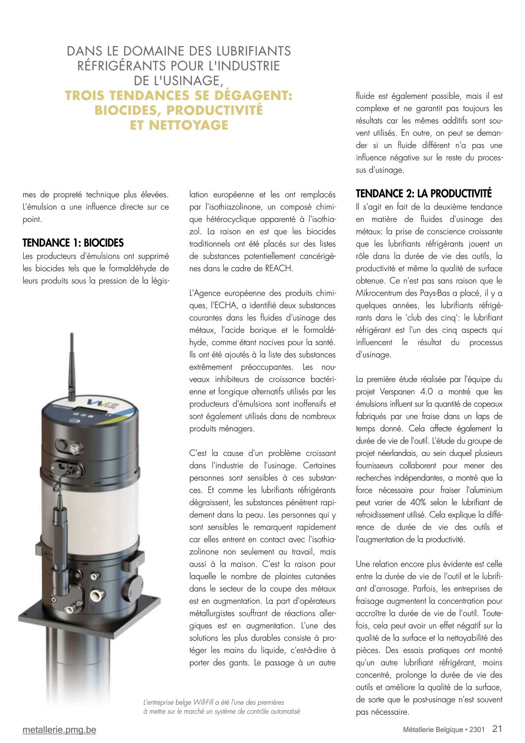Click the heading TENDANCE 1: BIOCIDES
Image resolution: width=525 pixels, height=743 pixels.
tap(73, 243)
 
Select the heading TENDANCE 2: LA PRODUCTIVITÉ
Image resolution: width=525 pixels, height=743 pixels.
tap(424, 194)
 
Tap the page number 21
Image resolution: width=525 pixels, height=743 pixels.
tap(497, 729)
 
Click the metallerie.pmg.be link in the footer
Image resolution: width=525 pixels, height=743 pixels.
tap(59, 730)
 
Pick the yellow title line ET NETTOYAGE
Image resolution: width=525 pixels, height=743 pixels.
tap(179, 125)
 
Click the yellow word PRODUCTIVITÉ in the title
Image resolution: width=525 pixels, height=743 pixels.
tap(215, 110)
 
